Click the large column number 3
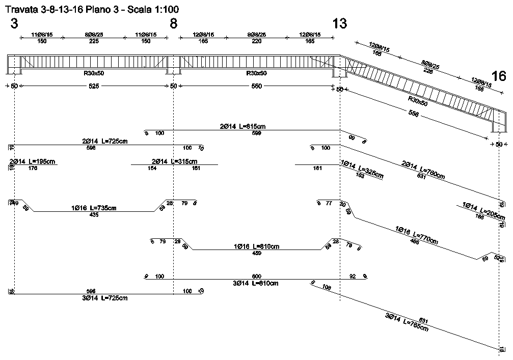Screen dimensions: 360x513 click(x=14, y=24)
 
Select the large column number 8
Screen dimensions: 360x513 click(x=174, y=24)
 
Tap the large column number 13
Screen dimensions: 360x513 click(x=340, y=23)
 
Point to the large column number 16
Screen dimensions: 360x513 click(x=499, y=76)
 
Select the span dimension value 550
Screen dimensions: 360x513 click(x=257, y=86)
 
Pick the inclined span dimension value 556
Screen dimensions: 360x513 click(x=414, y=115)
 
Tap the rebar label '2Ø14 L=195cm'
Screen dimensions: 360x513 click(x=33, y=161)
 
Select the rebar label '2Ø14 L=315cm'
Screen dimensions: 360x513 click(x=174, y=161)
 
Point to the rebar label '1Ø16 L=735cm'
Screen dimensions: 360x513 click(x=94, y=208)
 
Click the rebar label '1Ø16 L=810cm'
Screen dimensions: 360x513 click(x=257, y=246)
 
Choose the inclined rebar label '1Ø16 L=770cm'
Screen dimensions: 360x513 click(x=417, y=235)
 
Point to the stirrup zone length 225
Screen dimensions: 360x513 click(x=94, y=42)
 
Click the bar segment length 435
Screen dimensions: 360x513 click(x=94, y=215)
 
